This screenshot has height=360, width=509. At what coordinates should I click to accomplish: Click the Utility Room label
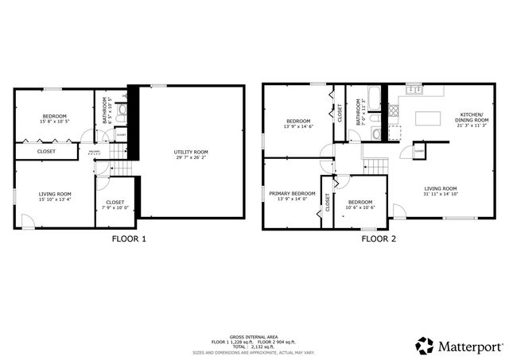191,152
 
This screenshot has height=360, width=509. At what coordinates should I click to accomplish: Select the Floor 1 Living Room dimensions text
56,200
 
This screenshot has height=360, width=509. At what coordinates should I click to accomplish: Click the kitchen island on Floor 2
428,118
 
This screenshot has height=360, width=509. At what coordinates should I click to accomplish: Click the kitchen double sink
413,90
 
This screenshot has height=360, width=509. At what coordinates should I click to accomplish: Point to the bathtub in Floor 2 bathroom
375,101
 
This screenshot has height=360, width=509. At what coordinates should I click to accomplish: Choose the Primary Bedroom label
292,193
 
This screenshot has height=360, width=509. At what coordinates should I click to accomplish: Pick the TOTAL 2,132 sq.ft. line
254,346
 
